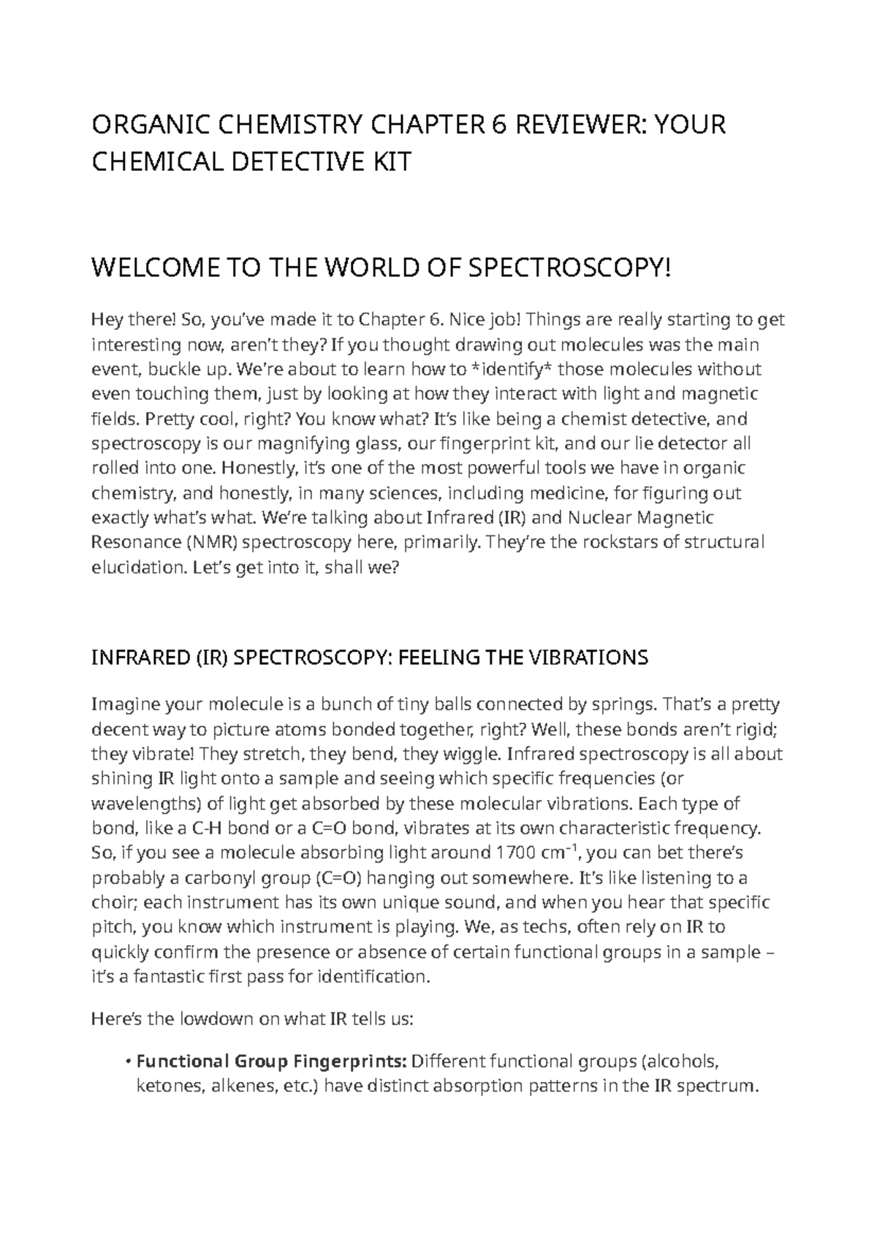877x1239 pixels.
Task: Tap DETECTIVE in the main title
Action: coord(289,161)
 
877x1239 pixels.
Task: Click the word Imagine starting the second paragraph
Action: coord(125,704)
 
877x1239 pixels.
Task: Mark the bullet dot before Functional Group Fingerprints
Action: coord(129,1061)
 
